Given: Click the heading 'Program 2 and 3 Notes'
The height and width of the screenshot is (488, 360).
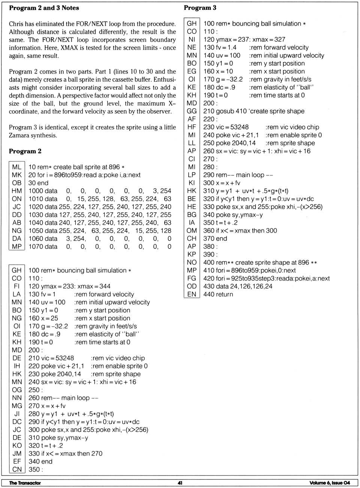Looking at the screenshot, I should click(x=44, y=8).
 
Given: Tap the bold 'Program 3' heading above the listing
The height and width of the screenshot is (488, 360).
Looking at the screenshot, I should click(x=200, y=8).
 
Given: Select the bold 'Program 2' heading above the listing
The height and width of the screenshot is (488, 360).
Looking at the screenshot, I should click(x=25, y=151).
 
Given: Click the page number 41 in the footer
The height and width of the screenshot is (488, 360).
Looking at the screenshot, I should click(x=180, y=483).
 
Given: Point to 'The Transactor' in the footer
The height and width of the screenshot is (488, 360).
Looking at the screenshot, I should click(x=25, y=483).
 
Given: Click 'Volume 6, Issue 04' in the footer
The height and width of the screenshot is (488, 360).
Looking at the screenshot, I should click(x=330, y=483).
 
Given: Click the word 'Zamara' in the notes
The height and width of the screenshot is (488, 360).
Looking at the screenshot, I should click(x=20, y=135).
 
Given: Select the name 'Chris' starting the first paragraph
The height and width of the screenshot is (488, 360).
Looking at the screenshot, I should click(x=16, y=24).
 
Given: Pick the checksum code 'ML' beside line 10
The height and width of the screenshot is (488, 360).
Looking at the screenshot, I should click(x=17, y=167).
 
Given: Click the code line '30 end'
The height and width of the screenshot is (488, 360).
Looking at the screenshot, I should click(x=38, y=183).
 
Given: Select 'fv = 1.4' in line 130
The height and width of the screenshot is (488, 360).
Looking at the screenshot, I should click(x=225, y=47).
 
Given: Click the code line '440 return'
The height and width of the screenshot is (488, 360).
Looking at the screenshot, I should click(x=218, y=294).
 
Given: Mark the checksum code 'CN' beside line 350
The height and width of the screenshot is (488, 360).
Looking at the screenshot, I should click(x=17, y=469).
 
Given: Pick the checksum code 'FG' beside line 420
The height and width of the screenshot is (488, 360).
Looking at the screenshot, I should click(x=192, y=278).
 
